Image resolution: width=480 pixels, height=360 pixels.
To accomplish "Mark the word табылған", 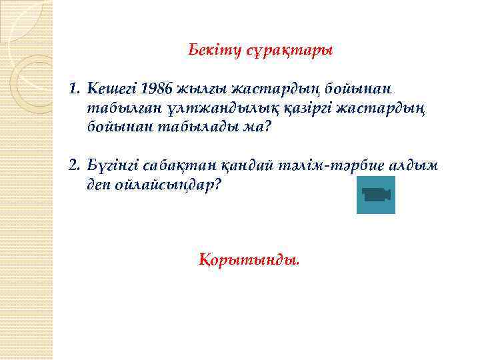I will tap(118, 107).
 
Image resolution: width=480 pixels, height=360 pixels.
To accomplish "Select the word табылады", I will tap(193, 127).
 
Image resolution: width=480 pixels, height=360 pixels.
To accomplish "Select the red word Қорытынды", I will tap(249, 259).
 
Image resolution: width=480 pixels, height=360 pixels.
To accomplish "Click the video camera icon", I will tap(376, 195).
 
